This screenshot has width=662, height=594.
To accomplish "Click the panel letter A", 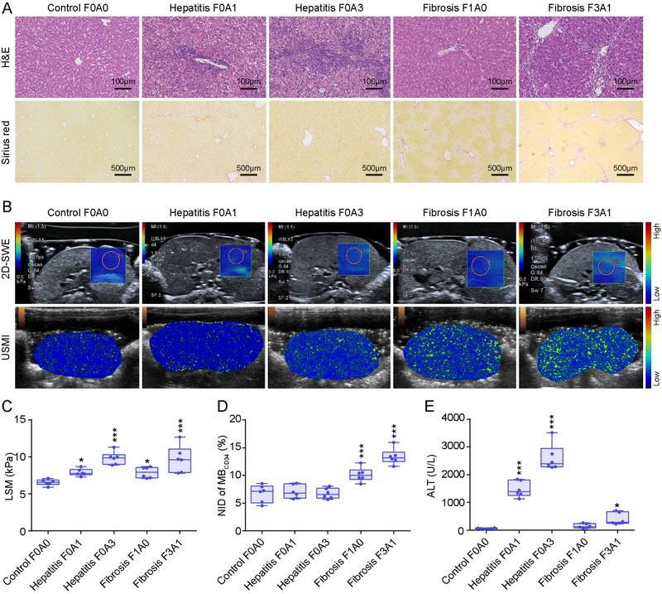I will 7,7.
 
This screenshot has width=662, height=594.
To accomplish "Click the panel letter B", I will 7,204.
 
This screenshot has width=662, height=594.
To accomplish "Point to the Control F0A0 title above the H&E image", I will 80,7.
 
